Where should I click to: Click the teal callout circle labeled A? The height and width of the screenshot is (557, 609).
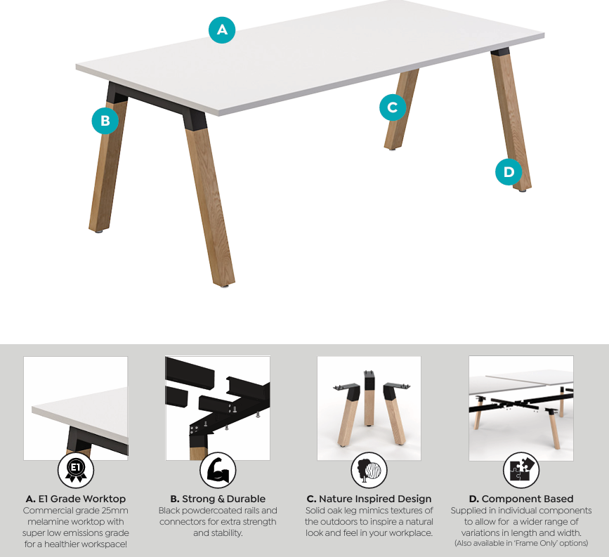(x=222, y=30)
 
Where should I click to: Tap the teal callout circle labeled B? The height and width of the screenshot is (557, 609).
(x=105, y=121)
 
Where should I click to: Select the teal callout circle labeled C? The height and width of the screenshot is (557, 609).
(x=393, y=107)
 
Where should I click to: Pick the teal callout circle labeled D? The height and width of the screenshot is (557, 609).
(x=509, y=171)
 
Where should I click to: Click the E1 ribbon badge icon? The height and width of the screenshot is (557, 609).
(x=76, y=471)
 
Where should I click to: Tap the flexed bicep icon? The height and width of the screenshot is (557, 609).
(x=218, y=471)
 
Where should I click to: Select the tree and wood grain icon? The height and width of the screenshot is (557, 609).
(x=369, y=471)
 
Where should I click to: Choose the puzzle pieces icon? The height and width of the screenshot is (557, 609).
(x=521, y=471)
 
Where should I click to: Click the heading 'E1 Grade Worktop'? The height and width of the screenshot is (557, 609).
(x=82, y=499)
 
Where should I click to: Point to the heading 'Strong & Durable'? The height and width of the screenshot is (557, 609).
(x=223, y=499)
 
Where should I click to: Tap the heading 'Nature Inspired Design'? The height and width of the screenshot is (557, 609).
(x=375, y=499)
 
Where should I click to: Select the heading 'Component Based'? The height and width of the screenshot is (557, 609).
(x=528, y=499)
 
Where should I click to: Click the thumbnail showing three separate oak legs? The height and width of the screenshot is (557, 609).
(x=369, y=408)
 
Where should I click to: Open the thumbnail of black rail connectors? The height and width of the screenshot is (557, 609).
(x=218, y=408)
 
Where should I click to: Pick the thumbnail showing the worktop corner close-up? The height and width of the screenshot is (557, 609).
(x=76, y=408)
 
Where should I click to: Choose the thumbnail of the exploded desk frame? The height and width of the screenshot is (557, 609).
(x=521, y=408)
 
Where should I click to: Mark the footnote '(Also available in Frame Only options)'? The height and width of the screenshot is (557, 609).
(x=521, y=543)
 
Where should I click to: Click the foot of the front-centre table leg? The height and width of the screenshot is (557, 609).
(x=225, y=285)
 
